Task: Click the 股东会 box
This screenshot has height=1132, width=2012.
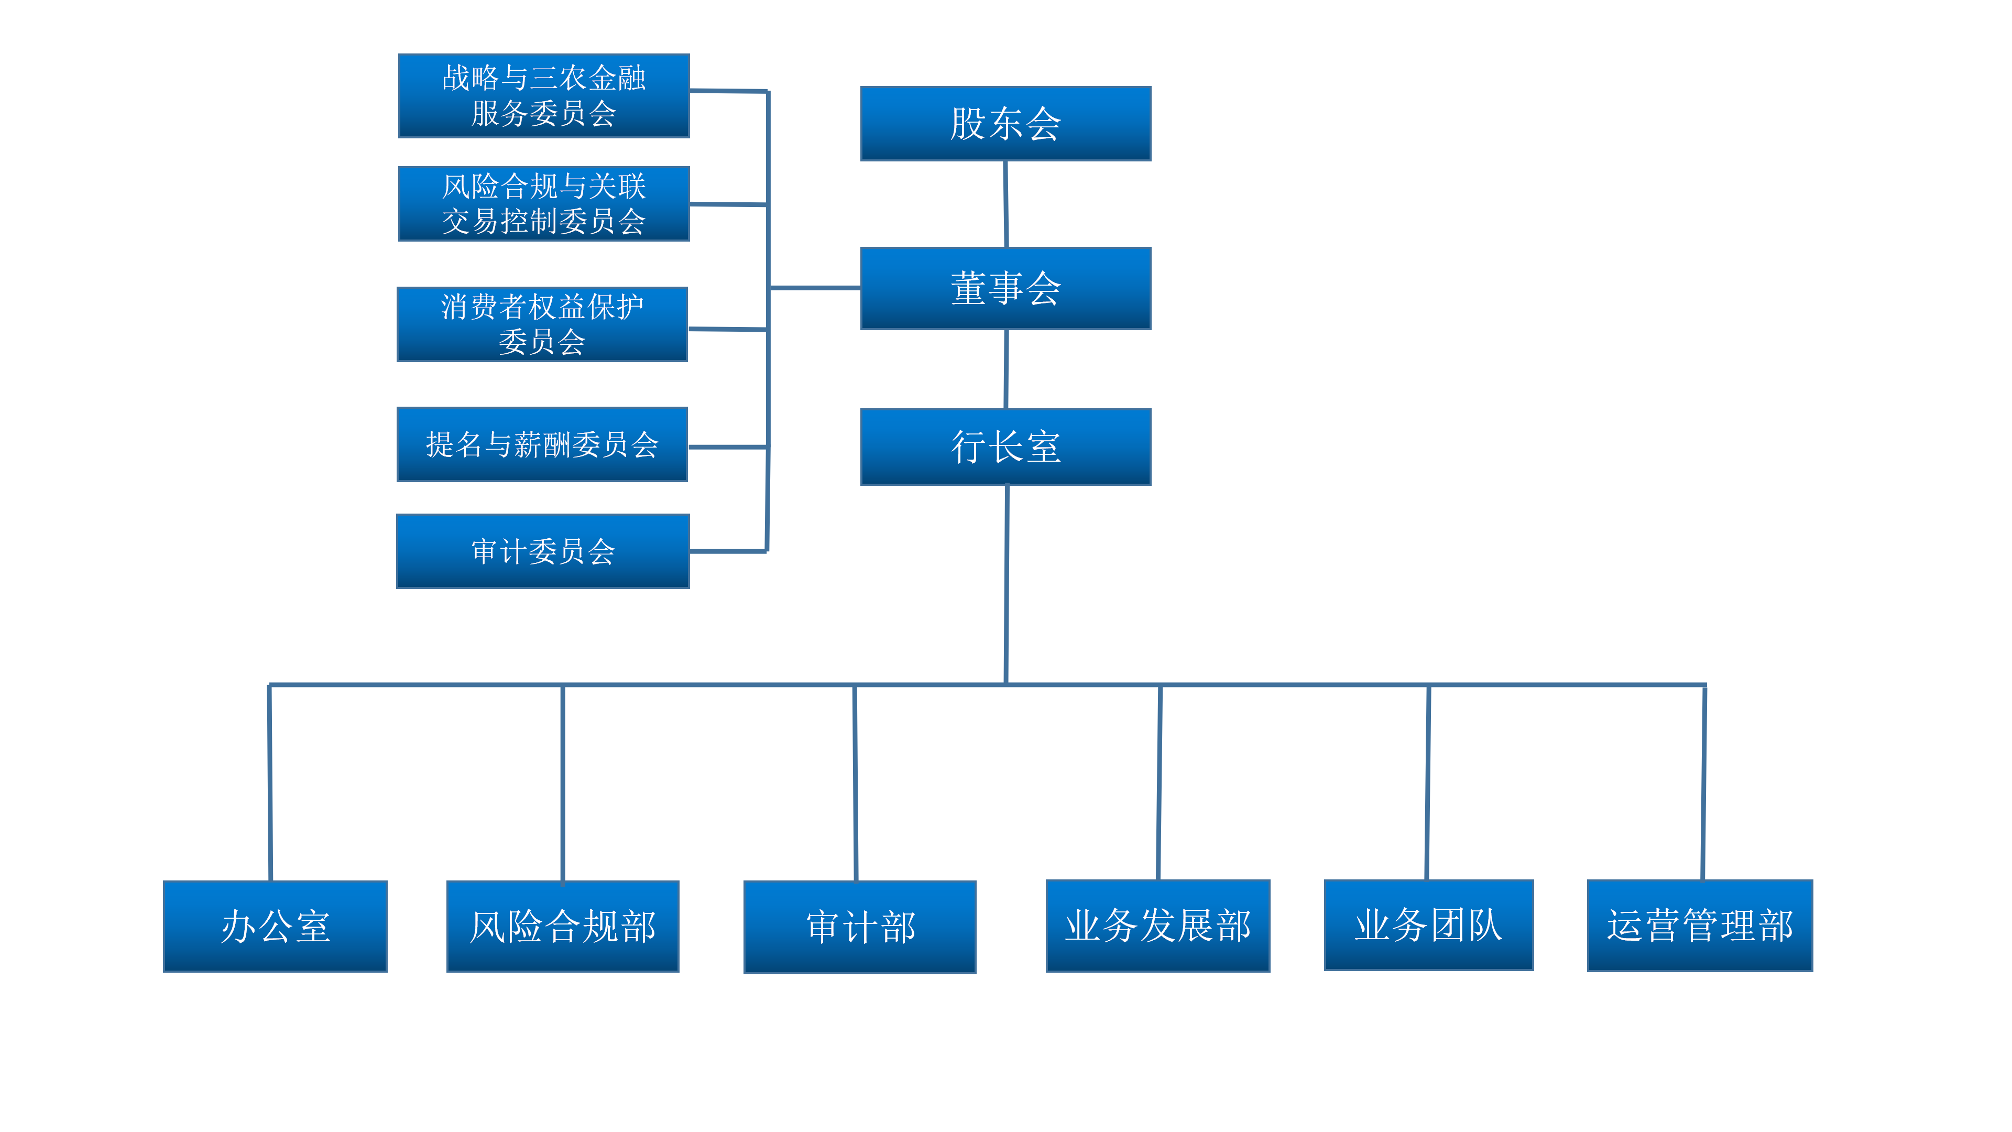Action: pos(1005,124)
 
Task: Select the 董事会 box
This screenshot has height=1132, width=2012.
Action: pos(1005,288)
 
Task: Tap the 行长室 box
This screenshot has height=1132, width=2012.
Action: pos(1005,447)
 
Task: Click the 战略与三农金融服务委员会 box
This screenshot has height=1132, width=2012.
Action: pos(544,95)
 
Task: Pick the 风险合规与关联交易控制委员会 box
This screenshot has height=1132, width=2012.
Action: pos(544,203)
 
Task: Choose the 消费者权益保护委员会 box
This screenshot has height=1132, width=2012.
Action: pos(542,324)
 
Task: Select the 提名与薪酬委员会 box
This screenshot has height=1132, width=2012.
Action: pos(542,444)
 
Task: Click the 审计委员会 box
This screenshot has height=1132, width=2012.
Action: pos(543,551)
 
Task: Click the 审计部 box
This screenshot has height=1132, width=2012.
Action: pos(860,927)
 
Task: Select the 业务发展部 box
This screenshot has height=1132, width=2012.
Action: pos(1157,925)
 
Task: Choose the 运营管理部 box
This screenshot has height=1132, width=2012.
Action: pos(1700,925)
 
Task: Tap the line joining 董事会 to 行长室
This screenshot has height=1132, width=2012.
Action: pos(1006,369)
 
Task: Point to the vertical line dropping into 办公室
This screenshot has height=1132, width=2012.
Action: pos(269,781)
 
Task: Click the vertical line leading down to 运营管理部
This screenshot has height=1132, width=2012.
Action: pos(1703,781)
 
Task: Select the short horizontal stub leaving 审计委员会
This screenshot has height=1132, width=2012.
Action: pos(728,551)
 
